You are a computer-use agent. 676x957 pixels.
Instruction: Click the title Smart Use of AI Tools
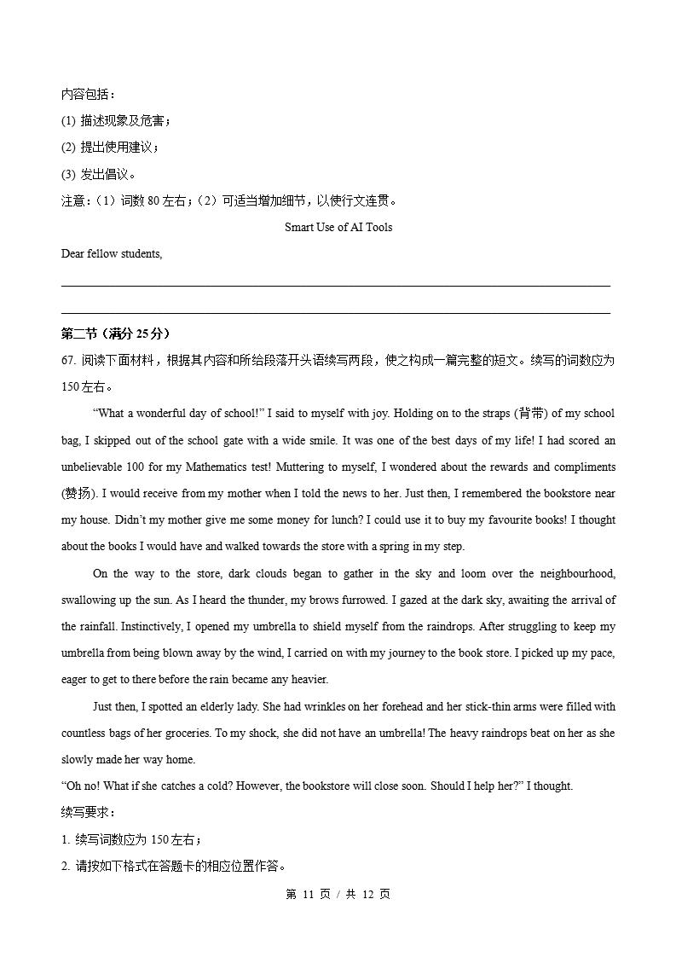pos(338,227)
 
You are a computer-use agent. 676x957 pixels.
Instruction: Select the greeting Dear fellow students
pos(111,253)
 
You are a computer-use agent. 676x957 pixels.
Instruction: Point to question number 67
pos(69,360)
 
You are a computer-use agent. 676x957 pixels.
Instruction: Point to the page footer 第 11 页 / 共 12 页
pos(338,894)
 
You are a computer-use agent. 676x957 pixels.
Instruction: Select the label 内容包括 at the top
pos(88,94)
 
